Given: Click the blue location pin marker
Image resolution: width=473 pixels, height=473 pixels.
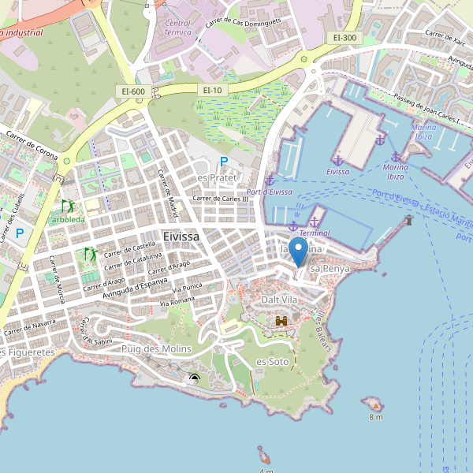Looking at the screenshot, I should coord(298,251).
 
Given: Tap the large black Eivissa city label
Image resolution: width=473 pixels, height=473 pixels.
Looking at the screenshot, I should coord(181,236).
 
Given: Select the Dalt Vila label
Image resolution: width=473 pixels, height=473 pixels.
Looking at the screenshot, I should coord(280,300).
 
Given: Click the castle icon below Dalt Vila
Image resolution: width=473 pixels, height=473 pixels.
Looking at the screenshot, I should coord(281,321).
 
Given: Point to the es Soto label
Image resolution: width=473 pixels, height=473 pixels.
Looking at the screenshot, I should coord(273,361).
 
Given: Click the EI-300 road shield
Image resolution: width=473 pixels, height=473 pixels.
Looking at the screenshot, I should coord(345,37).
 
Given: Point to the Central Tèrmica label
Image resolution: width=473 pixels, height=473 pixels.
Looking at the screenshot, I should coord(178,28).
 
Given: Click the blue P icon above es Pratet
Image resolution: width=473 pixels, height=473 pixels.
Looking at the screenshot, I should coord(224,162).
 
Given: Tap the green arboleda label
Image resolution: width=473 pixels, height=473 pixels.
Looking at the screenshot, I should coord(68,218).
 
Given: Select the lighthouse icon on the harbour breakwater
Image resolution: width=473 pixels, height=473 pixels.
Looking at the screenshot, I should coord(408,220).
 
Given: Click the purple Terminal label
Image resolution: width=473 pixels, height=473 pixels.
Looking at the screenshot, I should coord(315,233).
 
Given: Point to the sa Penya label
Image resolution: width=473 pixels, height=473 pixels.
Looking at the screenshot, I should coord(330,269).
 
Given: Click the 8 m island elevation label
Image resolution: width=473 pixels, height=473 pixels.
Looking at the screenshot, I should coord(374,417).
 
